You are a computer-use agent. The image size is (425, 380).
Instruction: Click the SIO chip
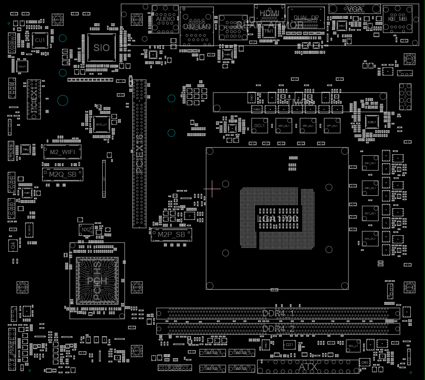pyautogui.click(x=102, y=48)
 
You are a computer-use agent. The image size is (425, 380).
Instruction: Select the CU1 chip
pyautogui.click(x=40, y=40)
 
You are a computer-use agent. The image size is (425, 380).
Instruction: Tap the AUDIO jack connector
pyautogui.click(x=165, y=19)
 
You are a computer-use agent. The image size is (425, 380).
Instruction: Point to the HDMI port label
pyautogui.click(x=269, y=13)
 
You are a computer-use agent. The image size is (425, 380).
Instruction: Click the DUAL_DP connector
pyautogui.click(x=306, y=18)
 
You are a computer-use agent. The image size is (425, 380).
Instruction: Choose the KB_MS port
pyautogui.click(x=397, y=19)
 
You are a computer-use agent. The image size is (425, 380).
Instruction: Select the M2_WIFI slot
pyautogui.click(x=62, y=152)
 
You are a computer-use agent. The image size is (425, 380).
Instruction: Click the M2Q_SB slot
pyautogui.click(x=62, y=174)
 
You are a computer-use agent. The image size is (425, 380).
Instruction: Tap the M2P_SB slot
pyautogui.click(x=171, y=234)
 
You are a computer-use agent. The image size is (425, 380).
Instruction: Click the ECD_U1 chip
pyautogui.click(x=102, y=124)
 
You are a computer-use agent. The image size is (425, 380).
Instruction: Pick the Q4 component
pyautogui.click(x=13, y=245)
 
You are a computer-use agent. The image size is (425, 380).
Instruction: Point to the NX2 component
pyautogui.click(x=86, y=230)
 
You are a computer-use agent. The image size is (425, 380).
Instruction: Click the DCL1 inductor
pyautogui.click(x=259, y=125)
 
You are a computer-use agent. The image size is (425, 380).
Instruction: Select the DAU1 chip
pyautogui.click(x=371, y=122)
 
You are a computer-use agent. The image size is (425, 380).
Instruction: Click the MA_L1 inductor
pyautogui.click(x=353, y=346)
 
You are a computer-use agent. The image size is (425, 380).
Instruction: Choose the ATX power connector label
pyautogui.click(x=308, y=368)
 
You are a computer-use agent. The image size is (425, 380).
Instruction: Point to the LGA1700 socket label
pyautogui.click(x=277, y=219)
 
